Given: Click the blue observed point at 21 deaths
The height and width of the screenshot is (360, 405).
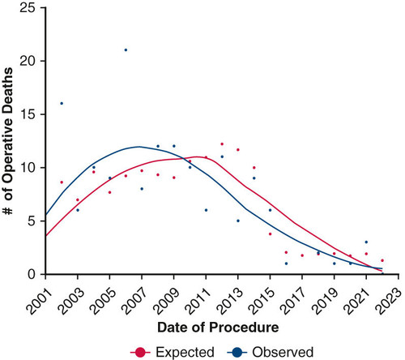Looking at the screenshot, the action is [126, 50].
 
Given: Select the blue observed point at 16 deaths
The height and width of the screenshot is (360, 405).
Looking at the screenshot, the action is [62, 103].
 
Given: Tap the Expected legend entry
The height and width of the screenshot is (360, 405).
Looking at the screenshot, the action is [173, 352].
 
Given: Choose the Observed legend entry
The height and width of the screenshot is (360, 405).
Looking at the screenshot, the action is [271, 352].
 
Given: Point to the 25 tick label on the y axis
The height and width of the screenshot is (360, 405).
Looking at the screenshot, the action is [28, 8].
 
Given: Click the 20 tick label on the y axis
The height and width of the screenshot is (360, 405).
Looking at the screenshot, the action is [28, 62].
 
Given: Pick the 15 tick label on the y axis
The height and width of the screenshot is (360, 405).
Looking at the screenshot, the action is [28, 114].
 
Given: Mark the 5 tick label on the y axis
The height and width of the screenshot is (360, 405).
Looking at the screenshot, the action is [32, 221].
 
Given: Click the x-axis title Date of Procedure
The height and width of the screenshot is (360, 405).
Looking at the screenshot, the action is [218, 328].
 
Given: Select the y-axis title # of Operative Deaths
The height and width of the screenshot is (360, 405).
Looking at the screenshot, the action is [8, 141].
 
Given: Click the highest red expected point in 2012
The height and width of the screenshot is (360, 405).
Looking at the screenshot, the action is [222, 144].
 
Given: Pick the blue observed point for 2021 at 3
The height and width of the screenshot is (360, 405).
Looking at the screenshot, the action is [366, 242].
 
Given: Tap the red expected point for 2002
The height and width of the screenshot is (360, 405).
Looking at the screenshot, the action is [62, 182].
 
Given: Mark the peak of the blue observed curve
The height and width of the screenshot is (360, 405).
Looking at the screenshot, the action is [139, 147].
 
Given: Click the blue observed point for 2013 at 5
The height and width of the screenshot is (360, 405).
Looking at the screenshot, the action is [238, 221].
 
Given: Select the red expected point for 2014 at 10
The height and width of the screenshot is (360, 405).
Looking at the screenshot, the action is [254, 168].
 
